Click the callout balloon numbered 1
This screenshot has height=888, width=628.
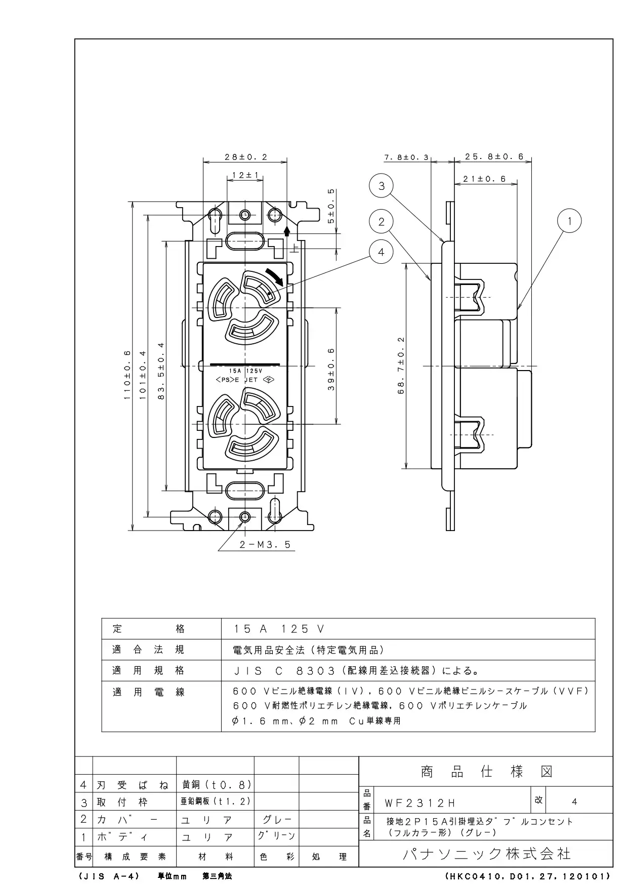pyautogui.click(x=570, y=221)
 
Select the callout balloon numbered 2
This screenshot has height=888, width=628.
pyautogui.click(x=381, y=221)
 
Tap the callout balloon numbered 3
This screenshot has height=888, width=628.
pyautogui.click(x=381, y=186)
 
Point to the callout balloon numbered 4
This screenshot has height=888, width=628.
pyautogui.click(x=381, y=252)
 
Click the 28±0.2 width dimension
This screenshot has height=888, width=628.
pyautogui.click(x=245, y=157)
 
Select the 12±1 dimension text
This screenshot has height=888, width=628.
pyautogui.click(x=245, y=175)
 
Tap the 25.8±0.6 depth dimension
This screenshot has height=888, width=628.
pyautogui.click(x=494, y=157)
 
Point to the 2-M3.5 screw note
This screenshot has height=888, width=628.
pyautogui.click(x=265, y=545)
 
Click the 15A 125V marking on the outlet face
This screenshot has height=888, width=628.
pyautogui.click(x=245, y=371)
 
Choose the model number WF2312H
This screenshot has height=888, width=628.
pyautogui.click(x=420, y=803)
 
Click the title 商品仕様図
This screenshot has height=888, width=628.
pyautogui.click(x=486, y=772)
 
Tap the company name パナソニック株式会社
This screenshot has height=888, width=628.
pyautogui.click(x=486, y=854)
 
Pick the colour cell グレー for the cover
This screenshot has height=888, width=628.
pyautogui.click(x=277, y=819)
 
